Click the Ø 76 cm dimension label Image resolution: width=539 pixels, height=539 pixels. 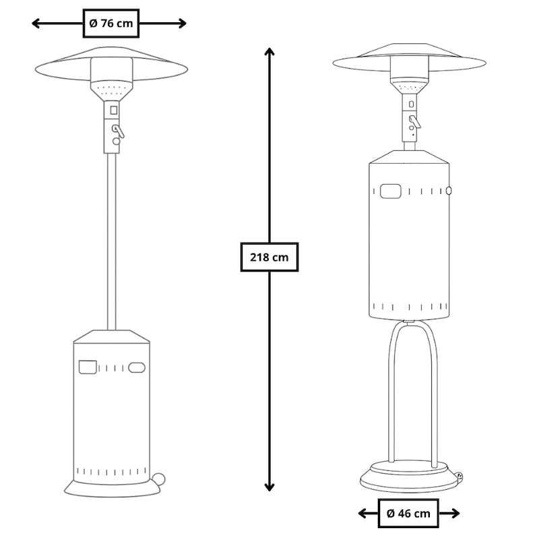click(111, 24)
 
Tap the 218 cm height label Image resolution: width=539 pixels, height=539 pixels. click(269, 257)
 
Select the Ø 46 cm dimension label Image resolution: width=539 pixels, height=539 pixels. click(408, 513)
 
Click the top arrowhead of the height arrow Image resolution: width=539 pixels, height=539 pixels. click(269, 52)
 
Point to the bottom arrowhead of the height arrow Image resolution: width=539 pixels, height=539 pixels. click(269, 487)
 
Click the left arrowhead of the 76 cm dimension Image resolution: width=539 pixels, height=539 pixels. click(36, 24)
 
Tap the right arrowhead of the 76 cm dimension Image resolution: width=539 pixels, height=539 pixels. click(182, 24)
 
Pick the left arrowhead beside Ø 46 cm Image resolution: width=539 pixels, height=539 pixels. click(362, 513)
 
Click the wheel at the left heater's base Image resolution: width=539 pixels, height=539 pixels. click(158, 479)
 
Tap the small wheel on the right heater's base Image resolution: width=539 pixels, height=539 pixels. click(459, 476)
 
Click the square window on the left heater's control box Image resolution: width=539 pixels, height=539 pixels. click(113, 110)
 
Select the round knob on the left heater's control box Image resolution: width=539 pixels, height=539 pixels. click(117, 141)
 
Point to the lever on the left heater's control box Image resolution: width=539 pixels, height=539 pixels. click(119, 131)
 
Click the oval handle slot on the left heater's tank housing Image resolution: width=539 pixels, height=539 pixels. click(137, 367)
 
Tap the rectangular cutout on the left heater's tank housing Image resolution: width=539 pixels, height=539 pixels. click(88, 367)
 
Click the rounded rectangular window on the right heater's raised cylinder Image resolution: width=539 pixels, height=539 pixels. click(391, 191)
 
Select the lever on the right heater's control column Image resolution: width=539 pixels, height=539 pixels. click(414, 122)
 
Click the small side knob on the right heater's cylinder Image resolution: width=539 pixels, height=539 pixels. click(448, 191)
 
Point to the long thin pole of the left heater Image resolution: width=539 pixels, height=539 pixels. click(112, 241)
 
